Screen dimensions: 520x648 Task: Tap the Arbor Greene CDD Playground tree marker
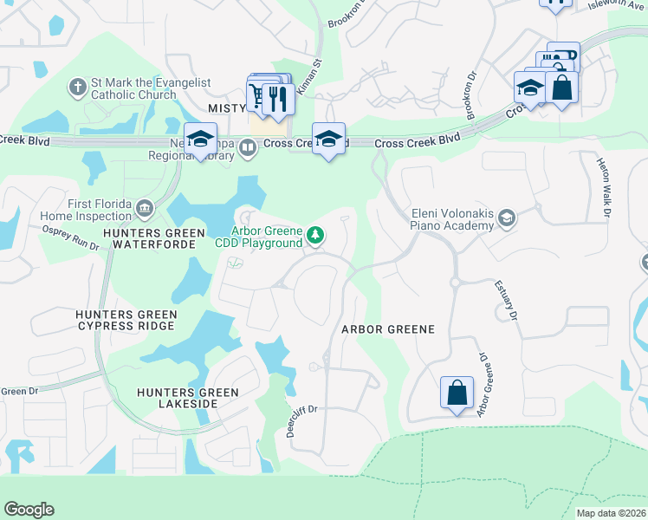(317, 234)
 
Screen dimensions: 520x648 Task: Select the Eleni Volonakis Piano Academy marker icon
(507, 218)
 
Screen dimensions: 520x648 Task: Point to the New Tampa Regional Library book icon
(248, 148)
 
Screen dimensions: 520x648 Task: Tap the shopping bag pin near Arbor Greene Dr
(457, 393)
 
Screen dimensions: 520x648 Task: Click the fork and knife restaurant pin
(277, 99)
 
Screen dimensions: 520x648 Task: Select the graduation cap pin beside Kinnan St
(328, 140)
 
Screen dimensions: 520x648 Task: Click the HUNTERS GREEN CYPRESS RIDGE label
(126, 321)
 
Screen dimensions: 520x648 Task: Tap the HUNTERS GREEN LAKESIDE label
(187, 399)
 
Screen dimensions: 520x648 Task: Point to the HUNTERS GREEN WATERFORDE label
(153, 238)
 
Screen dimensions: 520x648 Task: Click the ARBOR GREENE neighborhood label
(387, 330)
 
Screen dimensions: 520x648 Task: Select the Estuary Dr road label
(506, 300)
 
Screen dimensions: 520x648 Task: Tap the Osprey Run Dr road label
(71, 237)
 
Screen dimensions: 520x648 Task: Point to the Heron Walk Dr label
(604, 186)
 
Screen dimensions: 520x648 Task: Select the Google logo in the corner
(29, 510)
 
